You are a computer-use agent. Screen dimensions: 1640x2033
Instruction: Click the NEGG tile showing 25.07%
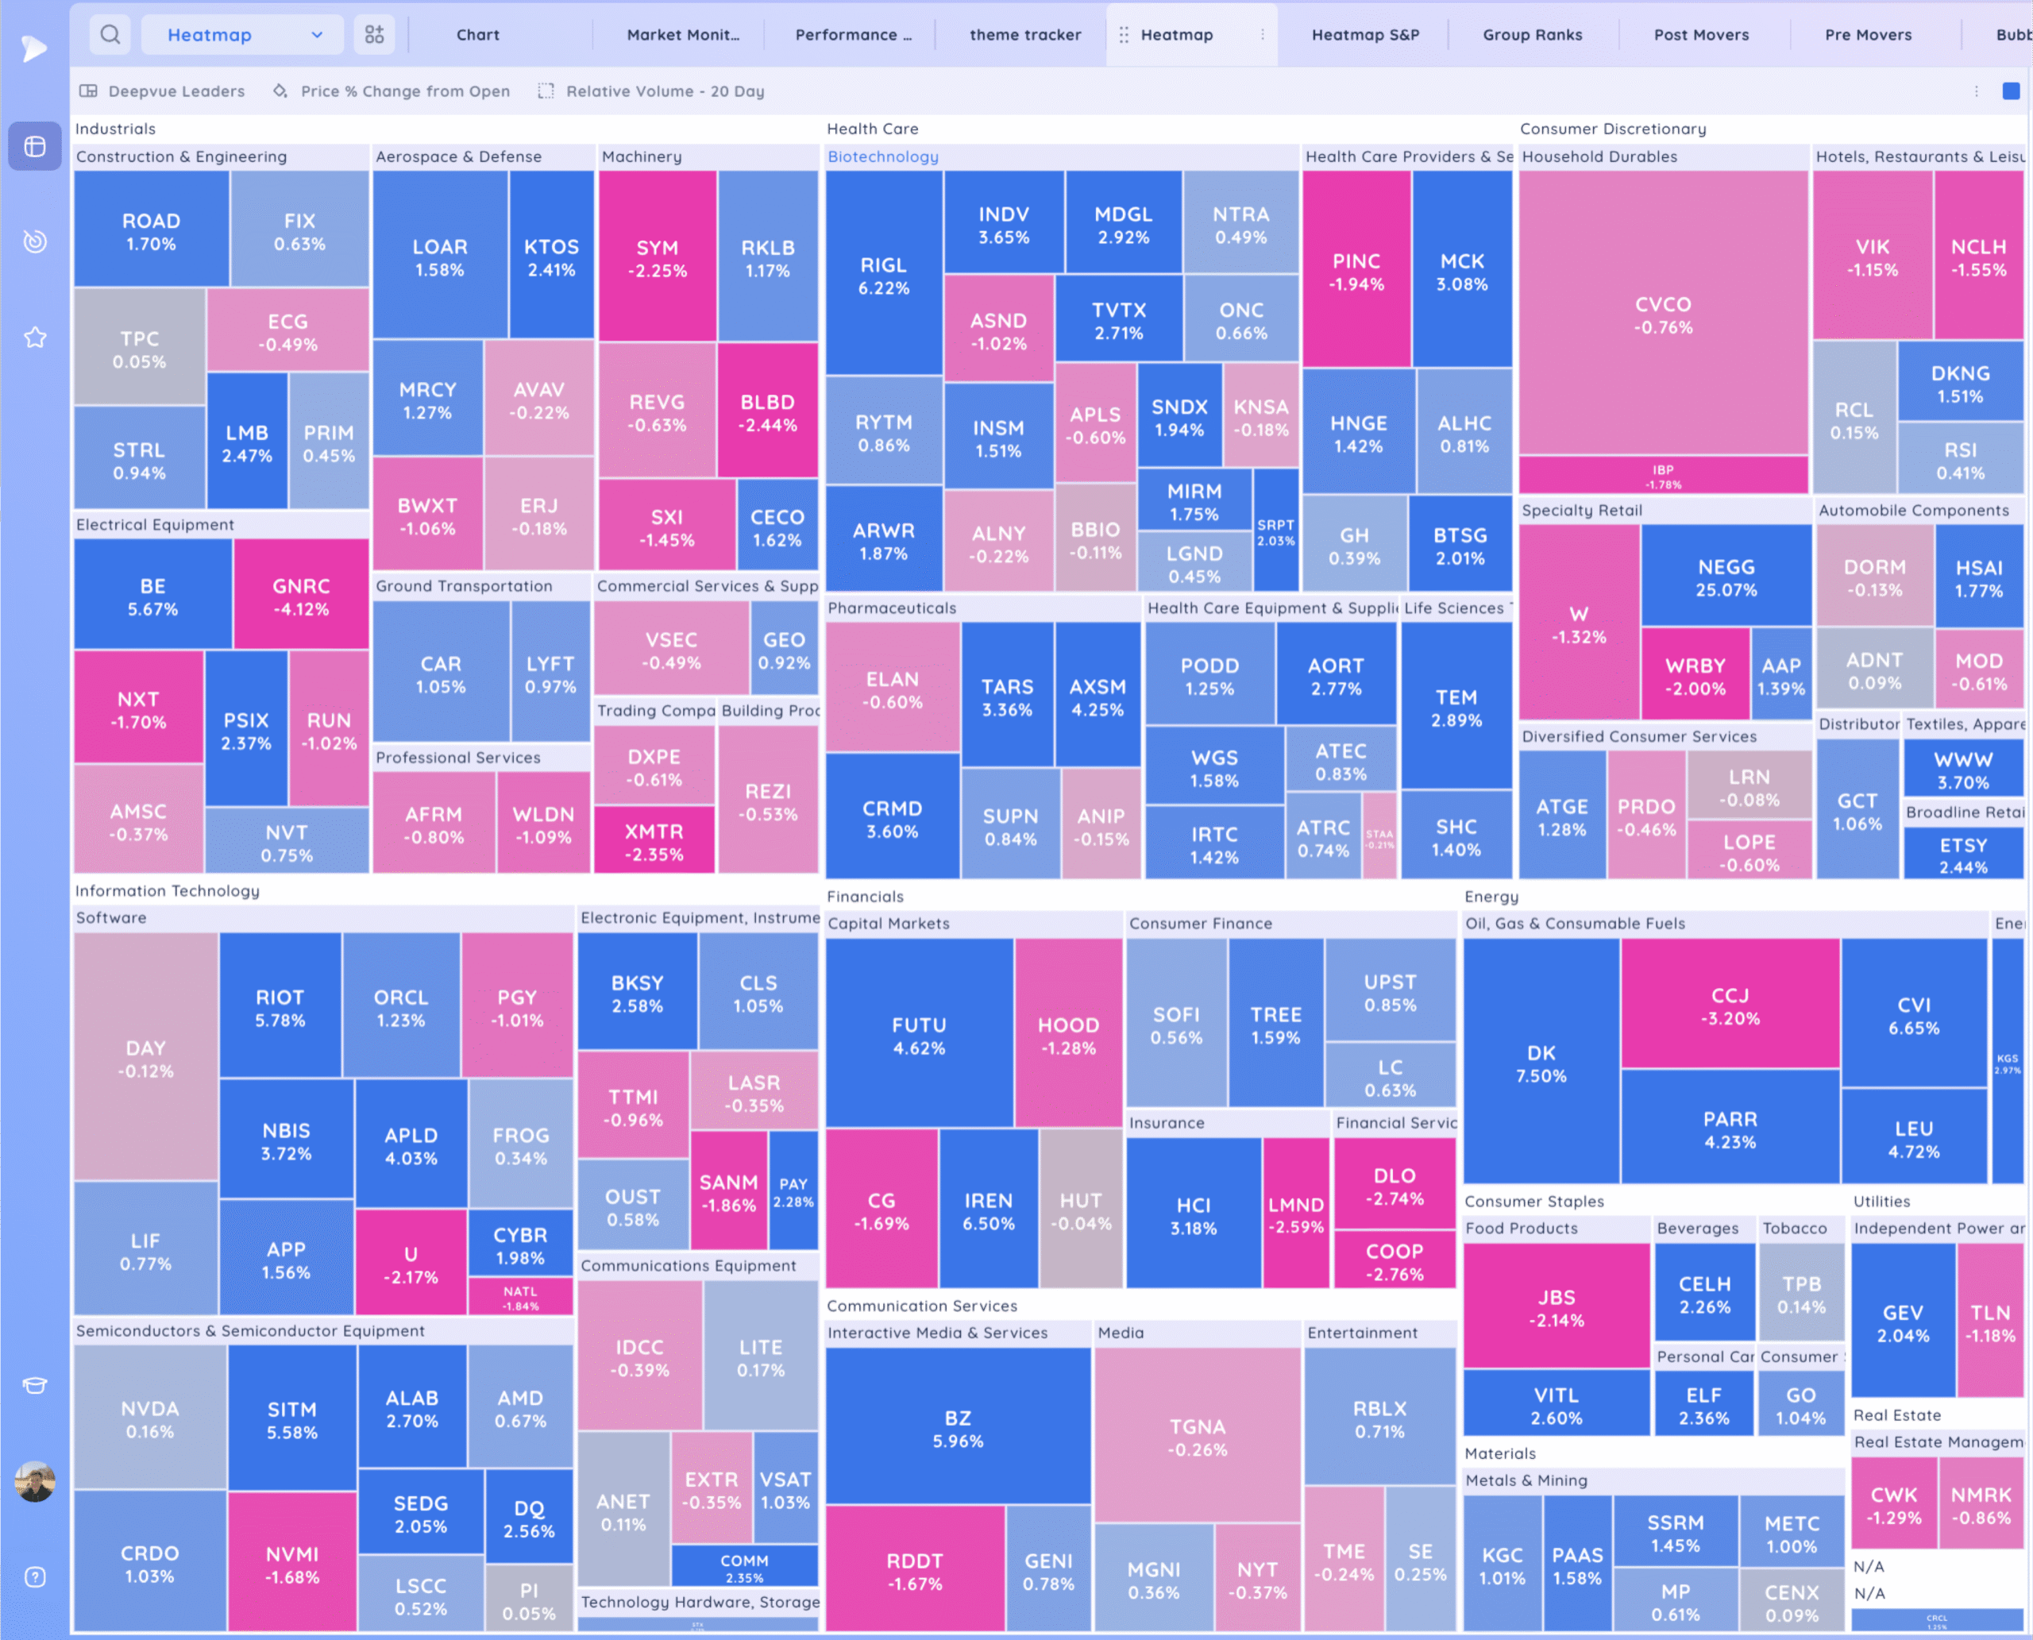point(1726,577)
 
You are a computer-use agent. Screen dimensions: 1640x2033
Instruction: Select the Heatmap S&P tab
point(1365,35)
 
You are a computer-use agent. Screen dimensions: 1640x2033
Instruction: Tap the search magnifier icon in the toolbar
point(110,35)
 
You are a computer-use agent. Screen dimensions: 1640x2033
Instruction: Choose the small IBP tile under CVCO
point(1663,475)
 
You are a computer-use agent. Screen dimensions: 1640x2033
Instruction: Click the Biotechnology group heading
point(882,156)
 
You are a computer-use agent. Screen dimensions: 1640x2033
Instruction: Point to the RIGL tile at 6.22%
point(883,275)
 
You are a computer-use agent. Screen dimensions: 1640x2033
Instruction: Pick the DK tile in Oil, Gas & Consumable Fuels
point(1541,1063)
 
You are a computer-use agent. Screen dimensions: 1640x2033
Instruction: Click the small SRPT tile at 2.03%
point(1275,532)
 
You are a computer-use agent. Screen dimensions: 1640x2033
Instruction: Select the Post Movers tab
point(1700,35)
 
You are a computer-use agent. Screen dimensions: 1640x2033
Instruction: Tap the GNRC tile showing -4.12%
point(300,596)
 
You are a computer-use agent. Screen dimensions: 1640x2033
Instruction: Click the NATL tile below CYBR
point(519,1297)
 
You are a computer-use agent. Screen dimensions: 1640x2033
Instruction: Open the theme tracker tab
point(1025,35)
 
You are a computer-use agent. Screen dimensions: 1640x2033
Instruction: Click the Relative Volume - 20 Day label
point(664,91)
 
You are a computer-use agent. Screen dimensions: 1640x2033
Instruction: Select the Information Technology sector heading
point(168,891)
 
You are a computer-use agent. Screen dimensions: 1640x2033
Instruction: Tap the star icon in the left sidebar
point(35,338)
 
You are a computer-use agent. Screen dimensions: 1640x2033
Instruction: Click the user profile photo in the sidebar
point(35,1481)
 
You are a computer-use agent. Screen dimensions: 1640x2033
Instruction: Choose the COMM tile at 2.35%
point(743,1567)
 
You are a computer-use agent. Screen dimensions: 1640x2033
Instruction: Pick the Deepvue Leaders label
point(176,91)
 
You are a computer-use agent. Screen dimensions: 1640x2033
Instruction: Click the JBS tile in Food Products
point(1556,1307)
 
